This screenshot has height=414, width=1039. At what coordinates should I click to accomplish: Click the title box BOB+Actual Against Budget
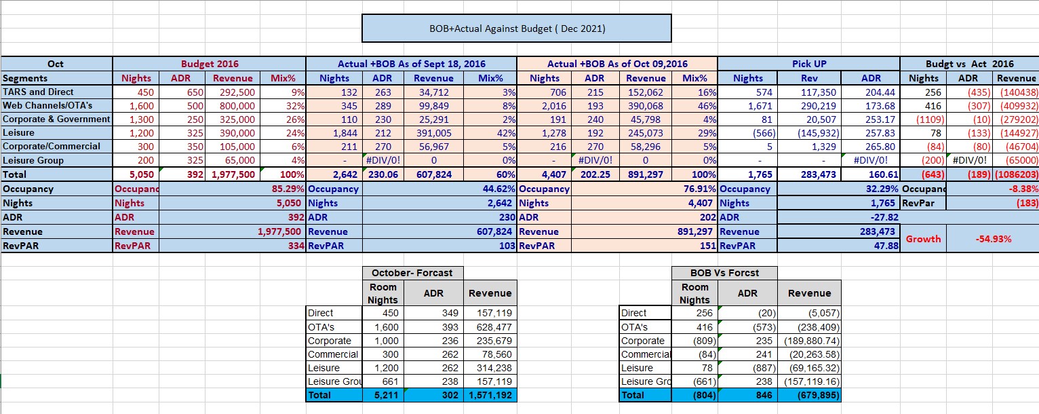click(516, 29)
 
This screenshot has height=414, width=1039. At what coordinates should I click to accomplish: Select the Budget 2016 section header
click(210, 64)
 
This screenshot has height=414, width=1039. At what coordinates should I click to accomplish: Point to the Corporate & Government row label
click(56, 119)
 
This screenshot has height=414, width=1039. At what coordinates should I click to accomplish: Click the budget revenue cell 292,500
click(234, 92)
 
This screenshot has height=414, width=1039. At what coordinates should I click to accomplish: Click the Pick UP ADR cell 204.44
click(871, 92)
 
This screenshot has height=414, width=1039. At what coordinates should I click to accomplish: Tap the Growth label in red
click(923, 239)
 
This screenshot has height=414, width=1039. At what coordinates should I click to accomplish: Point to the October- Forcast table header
click(412, 273)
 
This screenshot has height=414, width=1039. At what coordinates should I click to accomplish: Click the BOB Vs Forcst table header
click(724, 273)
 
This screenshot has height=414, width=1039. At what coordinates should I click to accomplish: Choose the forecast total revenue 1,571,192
click(490, 395)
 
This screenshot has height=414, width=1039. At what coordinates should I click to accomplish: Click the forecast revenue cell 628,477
click(490, 327)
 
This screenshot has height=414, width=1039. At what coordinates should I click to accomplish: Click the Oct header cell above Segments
click(56, 64)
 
